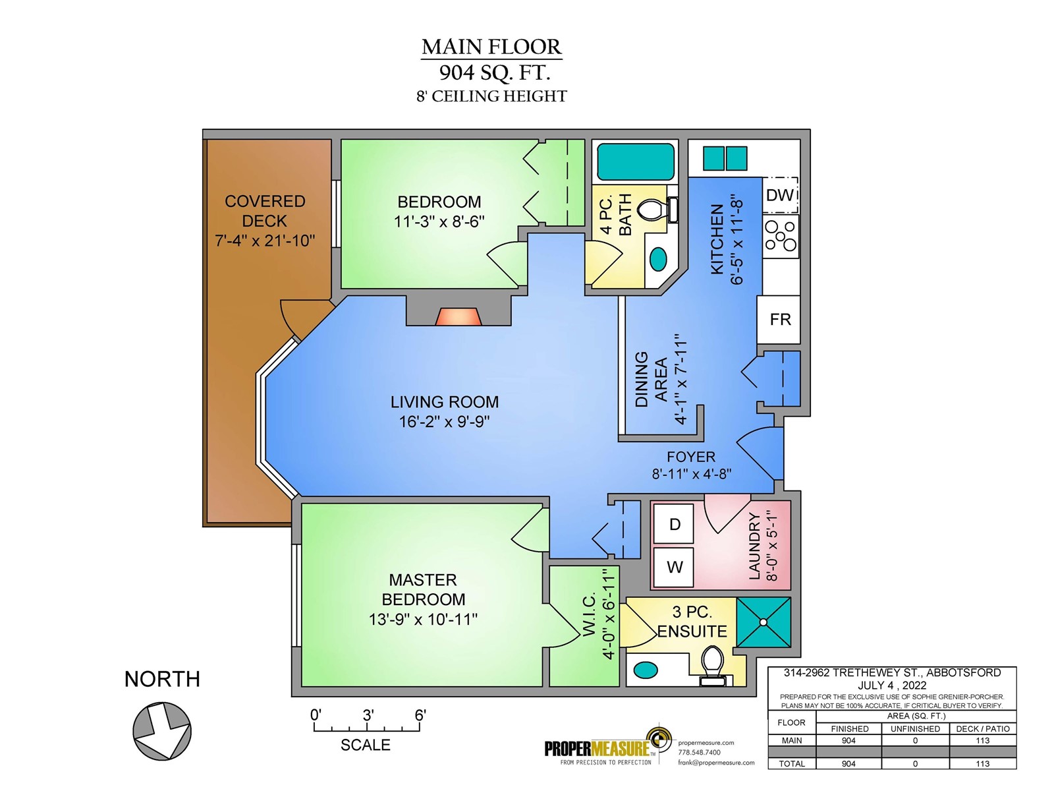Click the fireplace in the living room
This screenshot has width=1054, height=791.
coord(458,317)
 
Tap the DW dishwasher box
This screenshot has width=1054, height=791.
coord(780,195)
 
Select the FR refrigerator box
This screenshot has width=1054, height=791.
coord(779,320)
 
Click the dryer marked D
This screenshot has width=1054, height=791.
coord(674,523)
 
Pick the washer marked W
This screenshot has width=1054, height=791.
coord(674,567)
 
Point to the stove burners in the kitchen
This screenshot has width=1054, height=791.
coord(780,236)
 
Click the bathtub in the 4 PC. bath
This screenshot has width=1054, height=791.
coord(635,162)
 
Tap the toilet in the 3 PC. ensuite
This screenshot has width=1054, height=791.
coord(713,665)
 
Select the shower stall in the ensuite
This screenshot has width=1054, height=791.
coord(763,622)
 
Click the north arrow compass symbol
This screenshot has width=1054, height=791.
coord(162,731)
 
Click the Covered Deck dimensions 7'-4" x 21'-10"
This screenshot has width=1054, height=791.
coord(265,240)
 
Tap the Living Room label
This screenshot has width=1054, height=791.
coord(444,401)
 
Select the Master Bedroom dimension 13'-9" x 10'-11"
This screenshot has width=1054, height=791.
coord(423,620)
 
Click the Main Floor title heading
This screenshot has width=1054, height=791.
coord(491,47)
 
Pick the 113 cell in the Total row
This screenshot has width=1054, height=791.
coord(982,763)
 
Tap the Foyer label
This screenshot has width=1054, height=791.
coord(690,456)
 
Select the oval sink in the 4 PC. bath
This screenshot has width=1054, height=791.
coord(658,259)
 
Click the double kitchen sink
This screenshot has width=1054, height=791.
coord(725,158)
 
